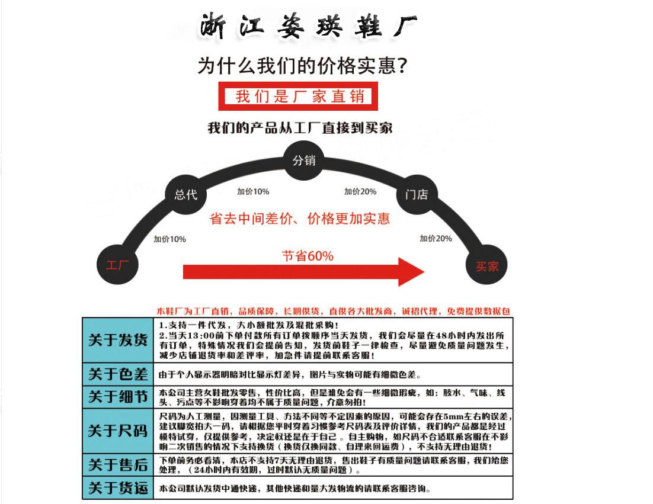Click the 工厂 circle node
117,264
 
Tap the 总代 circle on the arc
182,195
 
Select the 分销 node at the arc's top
304,160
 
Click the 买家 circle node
487,266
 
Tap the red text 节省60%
308,256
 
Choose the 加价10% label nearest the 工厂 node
169,239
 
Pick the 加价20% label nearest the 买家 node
436,238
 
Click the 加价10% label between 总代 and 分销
253,191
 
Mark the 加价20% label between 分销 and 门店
360,191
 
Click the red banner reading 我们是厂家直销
299,96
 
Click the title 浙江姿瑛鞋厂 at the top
308,26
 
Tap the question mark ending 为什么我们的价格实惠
401,65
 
